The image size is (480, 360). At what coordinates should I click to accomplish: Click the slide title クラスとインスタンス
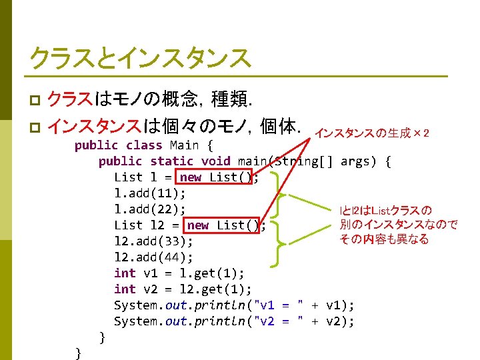pyautogui.click(x=139, y=58)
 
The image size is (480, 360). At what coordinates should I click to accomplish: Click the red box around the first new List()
pyautogui.click(x=215, y=177)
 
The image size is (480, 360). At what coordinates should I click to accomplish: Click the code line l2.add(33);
pyautogui.click(x=153, y=241)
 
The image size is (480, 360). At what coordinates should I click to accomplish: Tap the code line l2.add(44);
pyautogui.click(x=153, y=257)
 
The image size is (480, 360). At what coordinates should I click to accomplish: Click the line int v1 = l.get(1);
pyautogui.click(x=179, y=273)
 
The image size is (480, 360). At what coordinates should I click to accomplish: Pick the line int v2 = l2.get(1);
pyautogui.click(x=183, y=289)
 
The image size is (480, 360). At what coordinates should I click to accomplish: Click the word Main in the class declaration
pyautogui.click(x=185, y=145)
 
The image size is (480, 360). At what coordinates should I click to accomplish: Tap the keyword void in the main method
pyautogui.click(x=215, y=161)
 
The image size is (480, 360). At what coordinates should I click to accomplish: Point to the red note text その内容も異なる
pyautogui.click(x=384, y=239)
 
